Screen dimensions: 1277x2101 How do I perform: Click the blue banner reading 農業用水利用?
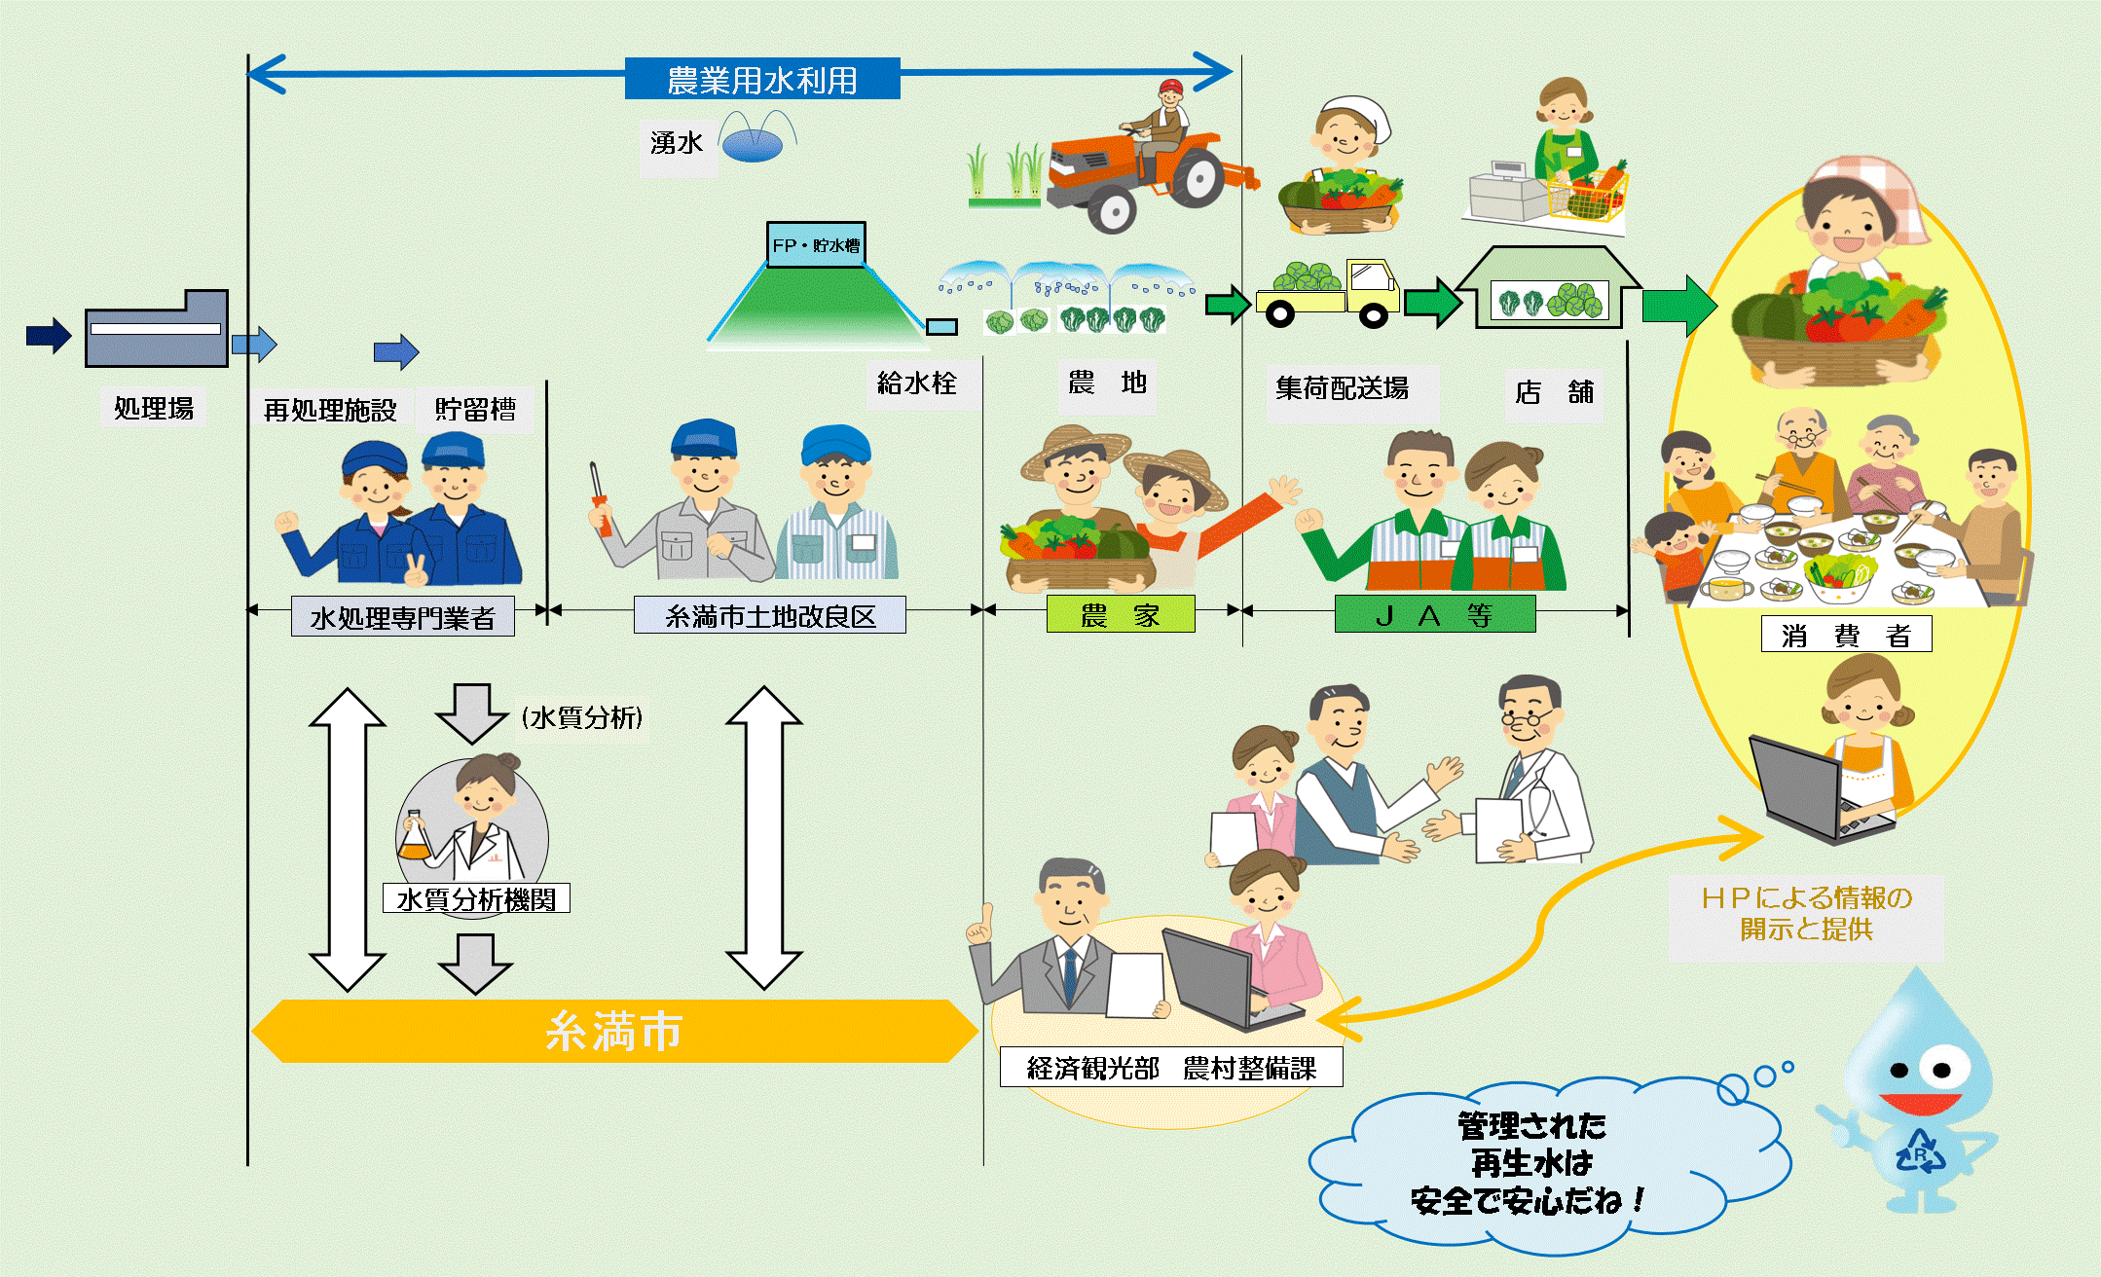761,79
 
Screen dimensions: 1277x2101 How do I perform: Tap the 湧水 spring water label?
677,144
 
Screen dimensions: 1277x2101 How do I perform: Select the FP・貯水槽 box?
815,245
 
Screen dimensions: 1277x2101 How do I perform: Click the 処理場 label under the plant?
154,408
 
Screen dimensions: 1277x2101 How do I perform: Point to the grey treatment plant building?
157,330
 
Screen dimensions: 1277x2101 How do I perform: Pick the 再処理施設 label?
329,410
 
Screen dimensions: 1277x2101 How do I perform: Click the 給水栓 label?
916,383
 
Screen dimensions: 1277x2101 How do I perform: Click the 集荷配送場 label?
1342,389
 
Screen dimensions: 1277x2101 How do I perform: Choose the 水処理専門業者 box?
402,617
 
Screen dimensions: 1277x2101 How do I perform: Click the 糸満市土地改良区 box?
769,616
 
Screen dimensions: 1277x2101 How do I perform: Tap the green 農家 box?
1120,615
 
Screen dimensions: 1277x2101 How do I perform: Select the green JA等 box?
1434,615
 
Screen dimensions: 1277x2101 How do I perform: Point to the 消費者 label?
1846,635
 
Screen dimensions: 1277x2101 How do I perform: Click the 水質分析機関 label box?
476,898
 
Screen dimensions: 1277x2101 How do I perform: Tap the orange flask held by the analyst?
415,839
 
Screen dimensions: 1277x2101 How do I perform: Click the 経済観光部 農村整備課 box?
1171,1068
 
